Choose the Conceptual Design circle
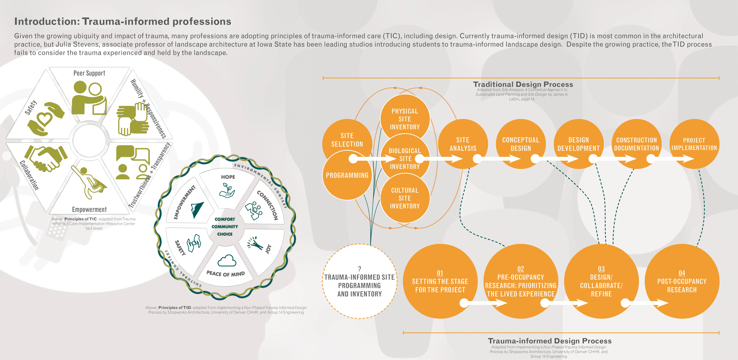[x=521, y=144]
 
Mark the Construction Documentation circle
[x=636, y=144]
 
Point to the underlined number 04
[x=682, y=273]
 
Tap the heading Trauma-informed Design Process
[x=550, y=341]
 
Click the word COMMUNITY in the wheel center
[x=225, y=227]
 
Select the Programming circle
[x=347, y=175]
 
